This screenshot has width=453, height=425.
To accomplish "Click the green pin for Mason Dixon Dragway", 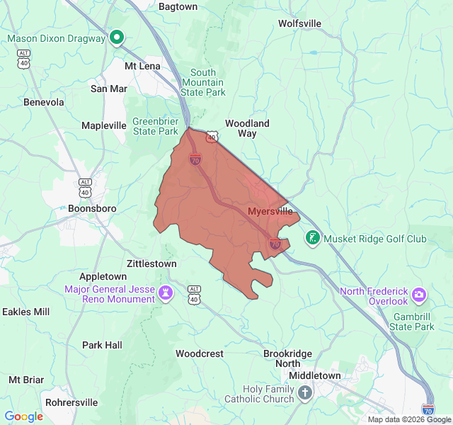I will click(117, 38).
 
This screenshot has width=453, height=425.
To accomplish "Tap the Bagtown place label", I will click(178, 7).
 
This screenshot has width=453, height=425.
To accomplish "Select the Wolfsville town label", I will click(299, 23).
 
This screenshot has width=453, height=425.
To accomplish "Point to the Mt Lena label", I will click(142, 66).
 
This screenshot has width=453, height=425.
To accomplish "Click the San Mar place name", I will click(109, 89).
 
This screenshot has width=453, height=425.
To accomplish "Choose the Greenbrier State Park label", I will click(155, 126).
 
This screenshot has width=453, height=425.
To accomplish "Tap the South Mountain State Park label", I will click(202, 82).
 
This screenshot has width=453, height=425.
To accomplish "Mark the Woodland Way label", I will click(247, 128).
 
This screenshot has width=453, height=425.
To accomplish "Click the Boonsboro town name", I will click(91, 209).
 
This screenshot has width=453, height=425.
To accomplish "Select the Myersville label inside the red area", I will click(270, 212).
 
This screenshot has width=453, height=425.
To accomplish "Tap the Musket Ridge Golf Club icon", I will click(311, 238).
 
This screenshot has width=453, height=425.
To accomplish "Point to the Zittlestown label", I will click(151, 263).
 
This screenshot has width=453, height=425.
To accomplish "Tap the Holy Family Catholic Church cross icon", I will click(304, 392).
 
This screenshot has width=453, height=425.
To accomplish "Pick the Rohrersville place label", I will click(71, 402).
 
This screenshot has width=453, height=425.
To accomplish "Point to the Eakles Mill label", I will click(26, 312).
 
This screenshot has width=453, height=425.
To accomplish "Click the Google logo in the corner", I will click(24, 416).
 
